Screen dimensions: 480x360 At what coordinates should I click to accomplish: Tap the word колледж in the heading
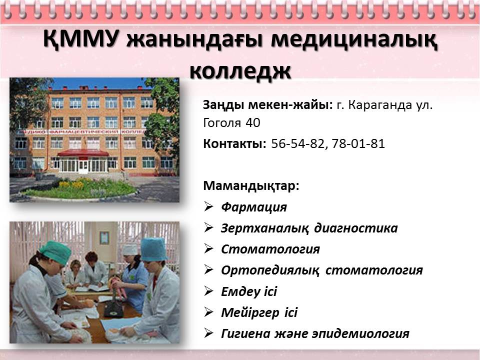[240, 71]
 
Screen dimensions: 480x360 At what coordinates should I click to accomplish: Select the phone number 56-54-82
[297, 143]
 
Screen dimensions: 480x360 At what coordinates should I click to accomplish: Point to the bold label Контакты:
[235, 143]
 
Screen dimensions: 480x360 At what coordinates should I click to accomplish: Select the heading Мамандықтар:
[251, 186]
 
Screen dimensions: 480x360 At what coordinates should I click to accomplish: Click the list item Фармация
[254, 207]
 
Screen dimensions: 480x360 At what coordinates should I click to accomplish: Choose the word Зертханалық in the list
[264, 228]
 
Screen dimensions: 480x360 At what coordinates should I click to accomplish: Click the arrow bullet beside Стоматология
[208, 248]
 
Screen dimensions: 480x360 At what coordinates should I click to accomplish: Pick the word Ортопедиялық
[270, 270]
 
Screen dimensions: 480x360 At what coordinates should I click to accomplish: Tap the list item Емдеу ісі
[249, 291]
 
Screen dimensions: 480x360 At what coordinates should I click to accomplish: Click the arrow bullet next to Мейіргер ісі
[208, 312]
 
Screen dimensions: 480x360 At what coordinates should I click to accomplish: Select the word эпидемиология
[360, 333]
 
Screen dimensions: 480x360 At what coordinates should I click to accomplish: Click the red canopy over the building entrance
[83, 153]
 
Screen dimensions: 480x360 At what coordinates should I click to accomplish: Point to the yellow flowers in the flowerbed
[71, 184]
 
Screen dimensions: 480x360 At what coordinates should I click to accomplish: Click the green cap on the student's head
[55, 252]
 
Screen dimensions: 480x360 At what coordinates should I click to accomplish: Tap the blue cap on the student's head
[153, 249]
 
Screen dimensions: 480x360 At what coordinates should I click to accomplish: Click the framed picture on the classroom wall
[104, 238]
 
